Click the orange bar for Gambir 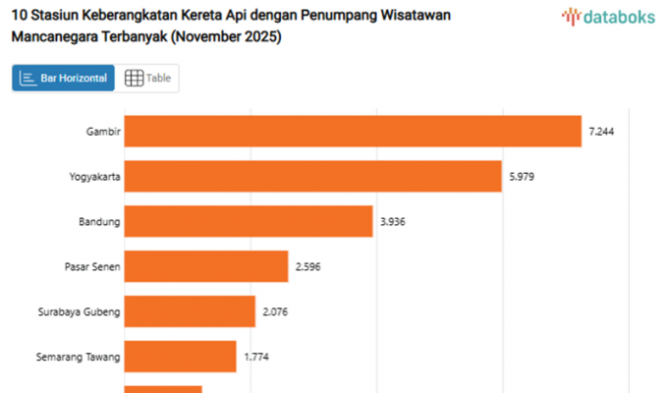[x=354, y=131]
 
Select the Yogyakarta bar [x=313, y=176]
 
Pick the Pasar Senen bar [x=206, y=266]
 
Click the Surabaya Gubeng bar [x=190, y=311]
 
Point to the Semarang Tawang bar [x=181, y=357]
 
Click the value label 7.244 [x=601, y=131]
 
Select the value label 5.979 [x=522, y=176]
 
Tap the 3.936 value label [x=392, y=221]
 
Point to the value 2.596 [x=307, y=266]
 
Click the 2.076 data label [x=275, y=311]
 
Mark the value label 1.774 [x=256, y=357]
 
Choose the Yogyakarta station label [x=94, y=176]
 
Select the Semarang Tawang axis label [x=78, y=357]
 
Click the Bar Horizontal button [x=64, y=79]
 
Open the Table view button [x=147, y=79]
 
